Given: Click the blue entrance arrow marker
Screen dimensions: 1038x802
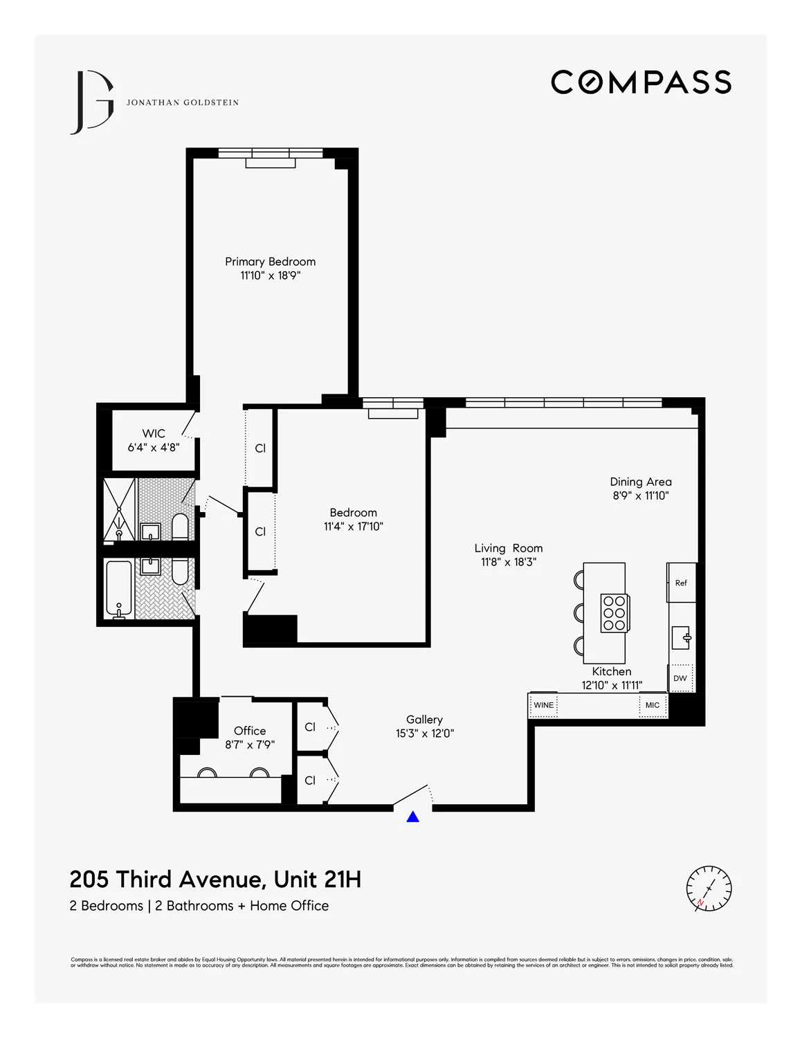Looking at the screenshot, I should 413,817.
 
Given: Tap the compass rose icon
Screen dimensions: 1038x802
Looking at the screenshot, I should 709,888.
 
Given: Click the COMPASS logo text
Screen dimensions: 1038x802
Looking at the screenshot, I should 641,82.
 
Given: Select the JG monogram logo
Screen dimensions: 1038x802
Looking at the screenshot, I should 93,102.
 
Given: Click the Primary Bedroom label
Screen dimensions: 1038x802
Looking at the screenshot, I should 270,262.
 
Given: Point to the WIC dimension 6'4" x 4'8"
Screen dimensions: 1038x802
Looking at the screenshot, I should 154,448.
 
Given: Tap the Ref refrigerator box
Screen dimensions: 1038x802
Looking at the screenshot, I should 681,583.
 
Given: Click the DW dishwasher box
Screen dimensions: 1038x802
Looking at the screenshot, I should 680,678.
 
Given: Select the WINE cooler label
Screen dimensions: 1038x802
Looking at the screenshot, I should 544,705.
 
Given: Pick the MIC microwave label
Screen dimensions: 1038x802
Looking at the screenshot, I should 653,705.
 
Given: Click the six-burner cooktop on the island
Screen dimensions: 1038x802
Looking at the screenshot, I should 614,613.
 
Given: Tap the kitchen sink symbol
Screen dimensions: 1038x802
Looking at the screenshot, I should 682,637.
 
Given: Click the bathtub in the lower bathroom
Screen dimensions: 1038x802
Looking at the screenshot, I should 118,590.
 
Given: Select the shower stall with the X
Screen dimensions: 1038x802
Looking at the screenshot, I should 119,509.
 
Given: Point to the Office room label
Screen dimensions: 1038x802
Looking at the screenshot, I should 250,731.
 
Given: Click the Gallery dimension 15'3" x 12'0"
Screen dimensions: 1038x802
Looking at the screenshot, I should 425,734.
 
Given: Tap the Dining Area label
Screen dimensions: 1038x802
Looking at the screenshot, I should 641,482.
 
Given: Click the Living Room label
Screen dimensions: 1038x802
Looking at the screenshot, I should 509,548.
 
